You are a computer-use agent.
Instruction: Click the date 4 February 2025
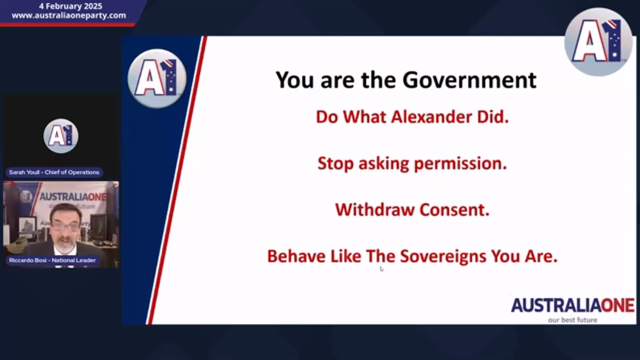pos(70,6)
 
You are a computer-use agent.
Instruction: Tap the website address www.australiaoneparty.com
pos(69,15)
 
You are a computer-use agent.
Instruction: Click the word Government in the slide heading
pos(469,80)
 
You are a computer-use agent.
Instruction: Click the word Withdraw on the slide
pos(375,209)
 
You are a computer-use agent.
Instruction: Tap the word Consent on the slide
pos(454,209)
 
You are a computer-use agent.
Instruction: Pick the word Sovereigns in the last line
pos(443,256)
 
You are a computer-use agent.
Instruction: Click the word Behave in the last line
pos(296,256)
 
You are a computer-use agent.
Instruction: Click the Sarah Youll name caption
pos(54,172)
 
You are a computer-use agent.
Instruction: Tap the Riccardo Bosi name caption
pos(52,260)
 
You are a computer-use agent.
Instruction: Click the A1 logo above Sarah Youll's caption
pos(61,136)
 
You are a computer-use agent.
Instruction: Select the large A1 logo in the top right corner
pos(598,42)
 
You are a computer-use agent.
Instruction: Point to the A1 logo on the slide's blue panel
pos(157,79)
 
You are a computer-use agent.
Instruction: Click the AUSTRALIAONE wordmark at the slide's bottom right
pos(572,305)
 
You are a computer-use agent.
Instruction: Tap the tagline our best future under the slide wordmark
pos(572,320)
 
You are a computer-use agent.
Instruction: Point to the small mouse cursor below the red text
pos(381,269)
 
